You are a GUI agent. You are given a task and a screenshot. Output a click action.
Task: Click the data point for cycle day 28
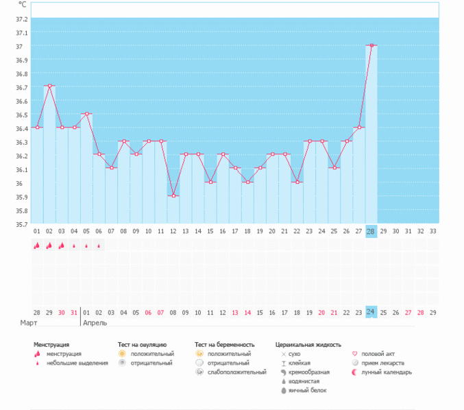[371, 45]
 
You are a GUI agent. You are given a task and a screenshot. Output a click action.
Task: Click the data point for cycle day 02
[49, 86]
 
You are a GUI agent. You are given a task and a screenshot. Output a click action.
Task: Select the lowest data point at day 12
[173, 196]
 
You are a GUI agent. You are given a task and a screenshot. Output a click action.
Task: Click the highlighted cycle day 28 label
[371, 232]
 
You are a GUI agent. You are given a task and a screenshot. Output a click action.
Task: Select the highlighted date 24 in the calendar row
[371, 312]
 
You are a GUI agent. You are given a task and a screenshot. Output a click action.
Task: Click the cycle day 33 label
[432, 232]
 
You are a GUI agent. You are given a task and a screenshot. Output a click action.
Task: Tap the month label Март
[29, 322]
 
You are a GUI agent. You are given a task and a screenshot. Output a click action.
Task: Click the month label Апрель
[95, 322]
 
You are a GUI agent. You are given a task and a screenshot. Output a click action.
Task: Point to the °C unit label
[23, 5]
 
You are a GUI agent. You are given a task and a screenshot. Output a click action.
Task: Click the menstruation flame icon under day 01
[36, 246]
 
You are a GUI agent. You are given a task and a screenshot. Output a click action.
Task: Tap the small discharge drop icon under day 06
[99, 246]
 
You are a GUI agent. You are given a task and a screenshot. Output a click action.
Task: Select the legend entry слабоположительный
[236, 372]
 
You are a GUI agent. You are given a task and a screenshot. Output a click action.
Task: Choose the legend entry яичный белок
[304, 390]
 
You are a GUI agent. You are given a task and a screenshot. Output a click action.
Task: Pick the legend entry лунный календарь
[392, 372]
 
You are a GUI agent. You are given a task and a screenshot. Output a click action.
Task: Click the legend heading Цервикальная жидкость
[308, 344]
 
